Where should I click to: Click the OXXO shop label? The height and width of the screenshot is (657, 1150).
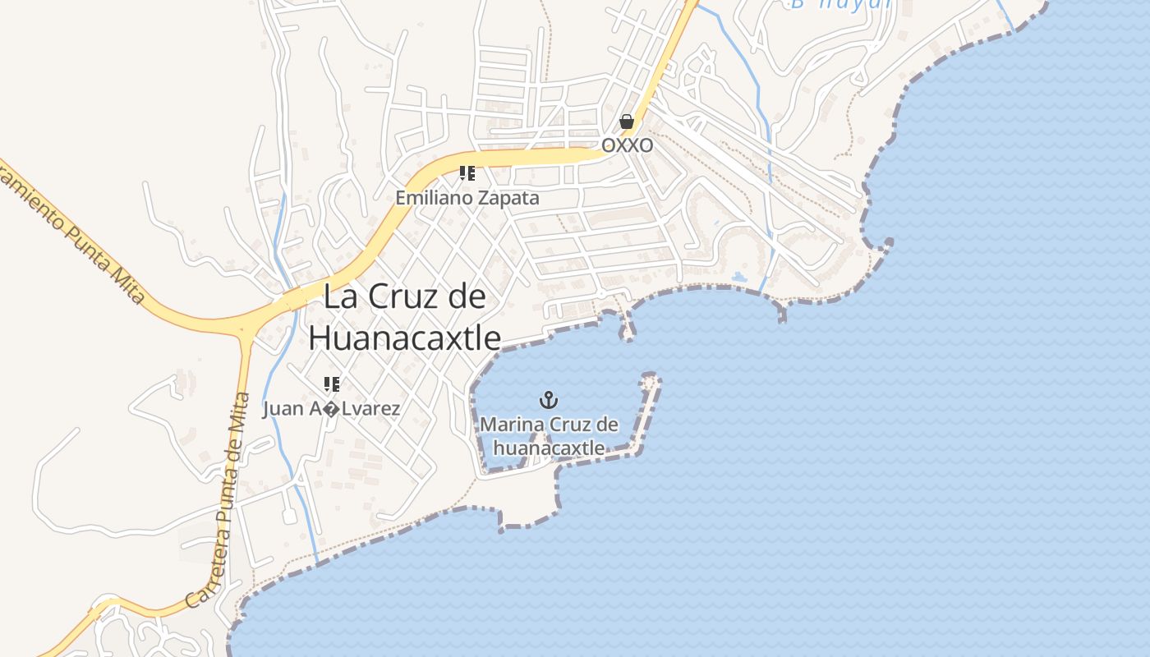tap(628, 145)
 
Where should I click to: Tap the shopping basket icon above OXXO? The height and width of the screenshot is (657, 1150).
tap(627, 122)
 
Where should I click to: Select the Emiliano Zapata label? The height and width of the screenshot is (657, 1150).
tap(467, 198)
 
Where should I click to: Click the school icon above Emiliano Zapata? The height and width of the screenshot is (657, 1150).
tap(467, 173)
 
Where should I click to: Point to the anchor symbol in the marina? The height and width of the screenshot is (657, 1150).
tap(548, 400)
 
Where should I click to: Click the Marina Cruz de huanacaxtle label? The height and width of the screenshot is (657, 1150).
tap(549, 436)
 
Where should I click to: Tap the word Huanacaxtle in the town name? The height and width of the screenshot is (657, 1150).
tap(404, 337)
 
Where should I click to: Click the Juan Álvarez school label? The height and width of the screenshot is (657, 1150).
tap(332, 408)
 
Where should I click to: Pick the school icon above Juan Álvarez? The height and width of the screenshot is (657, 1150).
tap(332, 384)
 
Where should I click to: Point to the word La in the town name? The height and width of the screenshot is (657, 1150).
tap(340, 296)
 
